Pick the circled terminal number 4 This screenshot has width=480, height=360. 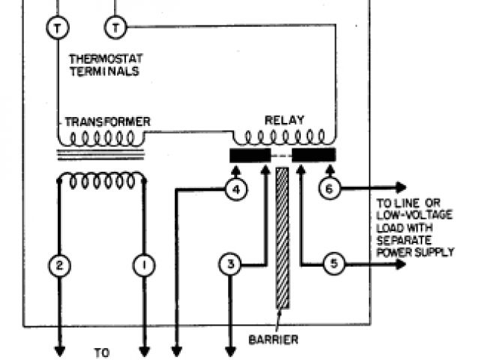(x=235, y=190)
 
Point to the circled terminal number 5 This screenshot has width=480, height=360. (x=334, y=264)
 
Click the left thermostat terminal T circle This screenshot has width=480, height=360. (x=58, y=28)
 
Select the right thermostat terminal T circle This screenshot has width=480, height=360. (x=115, y=28)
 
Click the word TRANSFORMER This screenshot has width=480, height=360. (x=107, y=121)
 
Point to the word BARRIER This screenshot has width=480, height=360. (x=273, y=340)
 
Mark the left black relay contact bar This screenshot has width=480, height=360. (x=250, y=155)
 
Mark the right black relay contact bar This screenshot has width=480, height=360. (x=313, y=155)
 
